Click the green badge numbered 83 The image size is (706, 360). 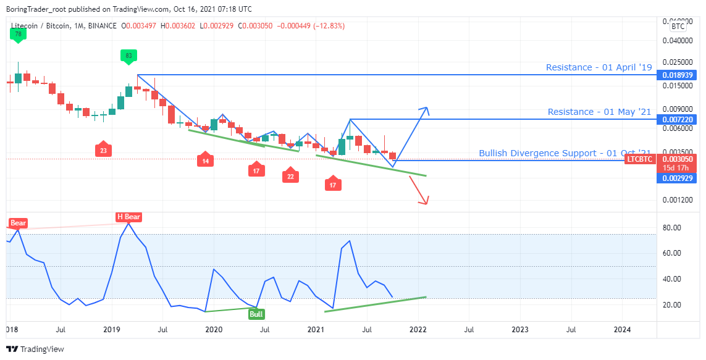pyautogui.click(x=128, y=56)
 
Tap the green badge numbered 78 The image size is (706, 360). pyautogui.click(x=18, y=34)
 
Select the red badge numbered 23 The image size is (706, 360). pyautogui.click(x=103, y=149)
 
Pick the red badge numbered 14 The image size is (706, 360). pyautogui.click(x=206, y=161)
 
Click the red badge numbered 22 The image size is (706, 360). pyautogui.click(x=290, y=176)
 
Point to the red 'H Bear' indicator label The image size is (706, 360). pyautogui.click(x=128, y=217)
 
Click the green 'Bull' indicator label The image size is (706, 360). pyautogui.click(x=256, y=314)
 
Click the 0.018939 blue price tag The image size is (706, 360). pyautogui.click(x=674, y=75)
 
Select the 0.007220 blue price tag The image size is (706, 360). pyautogui.click(x=674, y=119)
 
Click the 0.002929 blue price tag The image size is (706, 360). pyautogui.click(x=674, y=178)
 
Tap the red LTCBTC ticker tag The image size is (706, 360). pyautogui.click(x=638, y=159)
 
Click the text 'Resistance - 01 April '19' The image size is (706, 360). pyautogui.click(x=599, y=67)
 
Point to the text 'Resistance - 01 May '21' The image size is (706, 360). pyautogui.click(x=599, y=112)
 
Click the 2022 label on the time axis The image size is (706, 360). pyautogui.click(x=419, y=330)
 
